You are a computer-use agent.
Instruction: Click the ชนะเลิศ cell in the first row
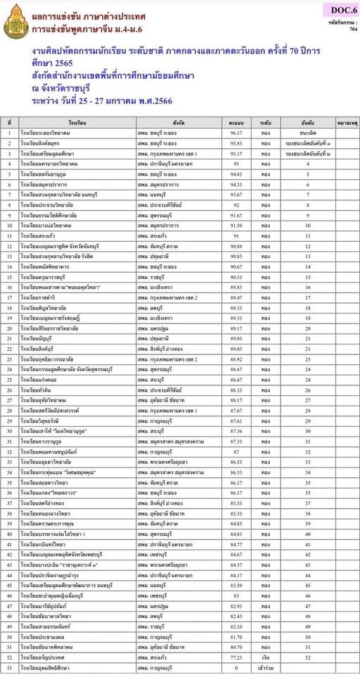tap(308, 132)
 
